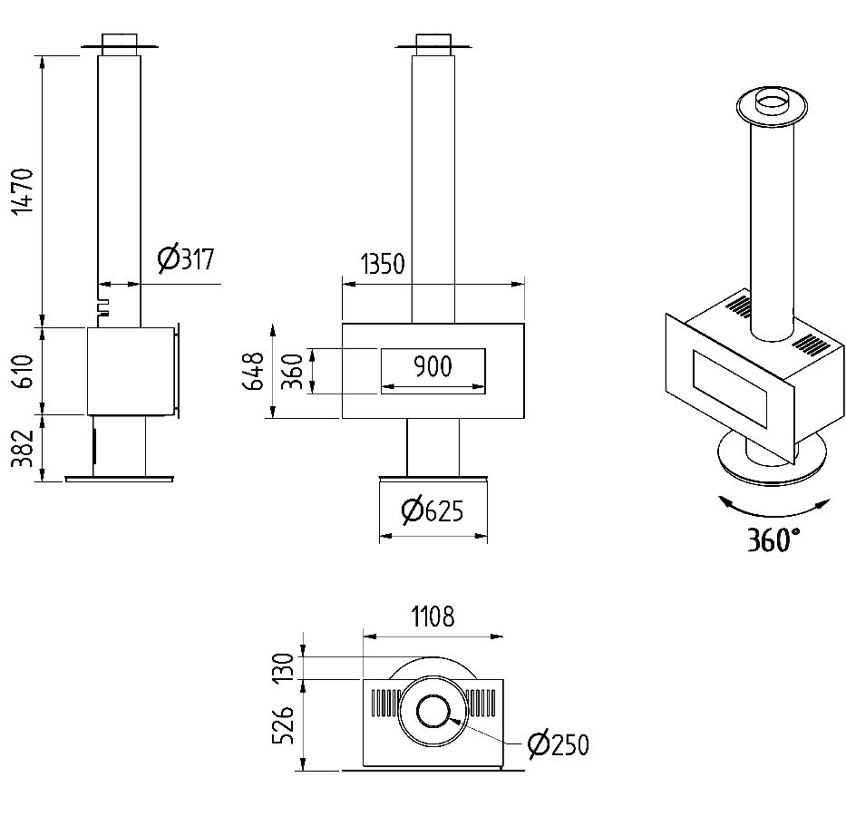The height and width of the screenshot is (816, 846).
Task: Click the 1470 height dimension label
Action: point(25,191)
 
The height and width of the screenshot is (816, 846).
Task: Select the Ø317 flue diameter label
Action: point(186,259)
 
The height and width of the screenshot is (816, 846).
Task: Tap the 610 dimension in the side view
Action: point(25,371)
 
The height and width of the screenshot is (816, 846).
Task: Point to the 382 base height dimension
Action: point(25,449)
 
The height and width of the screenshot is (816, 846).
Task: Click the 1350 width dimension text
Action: point(382,265)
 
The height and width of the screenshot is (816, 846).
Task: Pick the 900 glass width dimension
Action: point(433,366)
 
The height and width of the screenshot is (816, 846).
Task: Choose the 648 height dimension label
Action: point(255,372)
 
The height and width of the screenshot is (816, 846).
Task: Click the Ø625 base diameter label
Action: point(433,512)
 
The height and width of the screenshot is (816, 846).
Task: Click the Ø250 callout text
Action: point(559,745)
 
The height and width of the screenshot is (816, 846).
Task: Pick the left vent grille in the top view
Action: point(384,704)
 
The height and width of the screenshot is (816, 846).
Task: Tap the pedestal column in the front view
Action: point(433,446)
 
